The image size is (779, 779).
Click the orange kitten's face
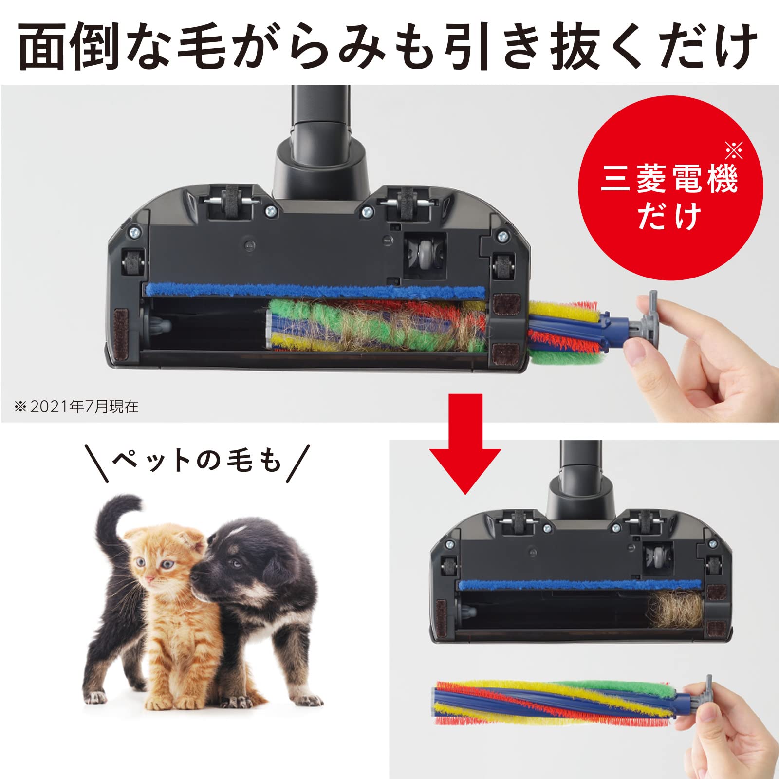pyautogui.click(x=161, y=565)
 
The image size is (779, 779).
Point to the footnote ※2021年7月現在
pyautogui.click(x=76, y=407)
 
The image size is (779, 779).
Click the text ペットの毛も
pyautogui.click(x=197, y=460)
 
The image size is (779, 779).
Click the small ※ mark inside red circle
pyautogui.click(x=733, y=151)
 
